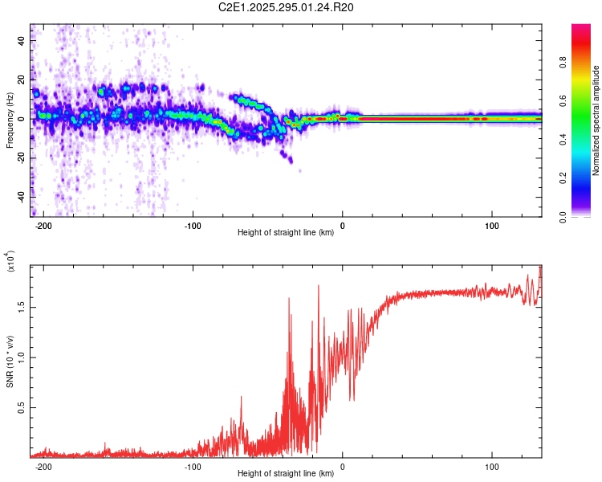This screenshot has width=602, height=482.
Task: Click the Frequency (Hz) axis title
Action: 10,120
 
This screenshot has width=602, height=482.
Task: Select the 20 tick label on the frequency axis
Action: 21,80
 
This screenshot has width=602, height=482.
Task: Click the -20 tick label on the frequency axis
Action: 19,157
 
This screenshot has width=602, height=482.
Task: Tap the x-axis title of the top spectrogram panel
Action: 287,233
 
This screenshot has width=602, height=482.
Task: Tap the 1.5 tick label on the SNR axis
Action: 19,306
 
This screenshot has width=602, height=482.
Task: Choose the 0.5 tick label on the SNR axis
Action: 19,407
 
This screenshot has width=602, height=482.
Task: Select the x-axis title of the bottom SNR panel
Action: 287,474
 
